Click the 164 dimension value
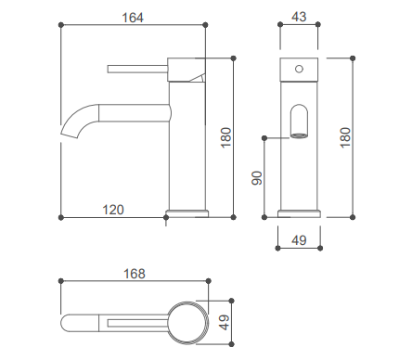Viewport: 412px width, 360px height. (133, 18)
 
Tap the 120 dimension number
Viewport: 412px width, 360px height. (113, 210)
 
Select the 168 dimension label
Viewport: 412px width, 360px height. (135, 274)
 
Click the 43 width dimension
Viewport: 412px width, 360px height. (299, 17)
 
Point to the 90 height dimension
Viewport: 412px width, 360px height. (257, 178)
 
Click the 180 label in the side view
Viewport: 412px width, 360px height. (226, 137)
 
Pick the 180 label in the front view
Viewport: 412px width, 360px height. (345, 137)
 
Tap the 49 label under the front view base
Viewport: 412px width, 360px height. (299, 240)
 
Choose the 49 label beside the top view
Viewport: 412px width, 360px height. (224, 322)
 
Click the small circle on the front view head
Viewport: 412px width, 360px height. (299, 69)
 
